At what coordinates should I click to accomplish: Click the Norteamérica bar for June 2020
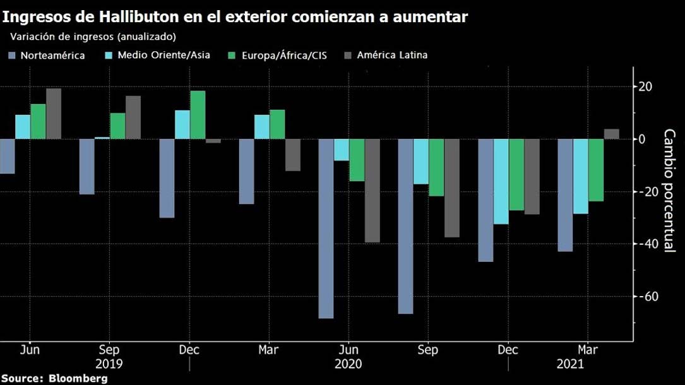[x=326, y=228]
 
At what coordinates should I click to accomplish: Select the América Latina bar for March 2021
[x=611, y=134]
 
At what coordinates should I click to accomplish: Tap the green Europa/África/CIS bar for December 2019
[x=198, y=115]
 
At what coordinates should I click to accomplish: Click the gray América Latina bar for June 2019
[x=54, y=114]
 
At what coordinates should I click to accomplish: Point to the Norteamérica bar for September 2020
[x=405, y=226]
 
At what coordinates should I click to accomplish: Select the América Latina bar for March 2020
[x=293, y=155]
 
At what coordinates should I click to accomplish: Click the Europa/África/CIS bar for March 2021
[x=596, y=170]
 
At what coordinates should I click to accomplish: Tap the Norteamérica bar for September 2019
[x=86, y=167]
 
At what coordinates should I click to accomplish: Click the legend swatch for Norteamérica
[x=12, y=56]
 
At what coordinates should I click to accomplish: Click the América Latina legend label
[x=392, y=55]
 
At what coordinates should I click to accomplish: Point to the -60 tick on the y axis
[x=646, y=296]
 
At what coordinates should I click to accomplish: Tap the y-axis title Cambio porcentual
[x=669, y=191]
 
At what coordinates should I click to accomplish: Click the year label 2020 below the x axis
[x=348, y=364]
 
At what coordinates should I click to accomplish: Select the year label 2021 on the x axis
[x=570, y=364]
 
